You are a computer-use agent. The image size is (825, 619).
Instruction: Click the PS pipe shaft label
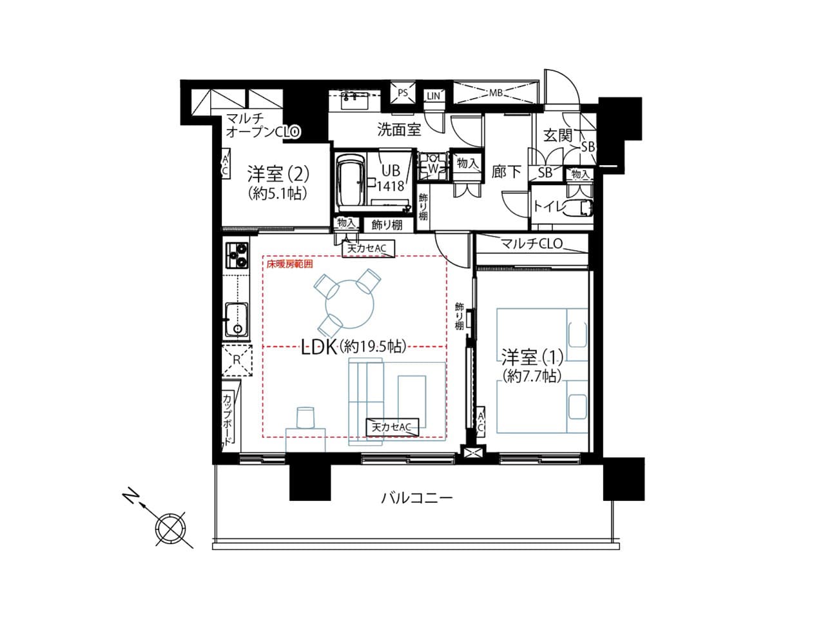pos(403,92)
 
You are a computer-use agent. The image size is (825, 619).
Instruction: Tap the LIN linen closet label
pos(433,96)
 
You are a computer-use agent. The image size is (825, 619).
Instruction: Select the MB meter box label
pos(496,92)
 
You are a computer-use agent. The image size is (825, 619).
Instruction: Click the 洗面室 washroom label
pos(399,130)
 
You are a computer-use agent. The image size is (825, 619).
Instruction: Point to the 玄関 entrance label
pos(558,135)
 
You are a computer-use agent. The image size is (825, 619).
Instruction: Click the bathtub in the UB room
pos(351,183)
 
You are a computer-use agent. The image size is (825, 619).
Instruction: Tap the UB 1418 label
pos(391,178)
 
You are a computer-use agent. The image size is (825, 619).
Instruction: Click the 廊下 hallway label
pos(506,172)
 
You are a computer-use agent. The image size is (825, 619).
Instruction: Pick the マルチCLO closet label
pos(532,244)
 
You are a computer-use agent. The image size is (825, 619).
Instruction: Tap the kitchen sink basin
pos(237,319)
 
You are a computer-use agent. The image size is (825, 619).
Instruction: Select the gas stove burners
pos(237,255)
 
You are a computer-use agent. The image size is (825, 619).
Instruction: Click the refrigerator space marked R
pos(237,360)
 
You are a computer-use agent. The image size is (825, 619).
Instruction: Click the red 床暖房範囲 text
pos(289,264)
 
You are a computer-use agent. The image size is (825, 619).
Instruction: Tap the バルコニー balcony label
pos(417,498)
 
